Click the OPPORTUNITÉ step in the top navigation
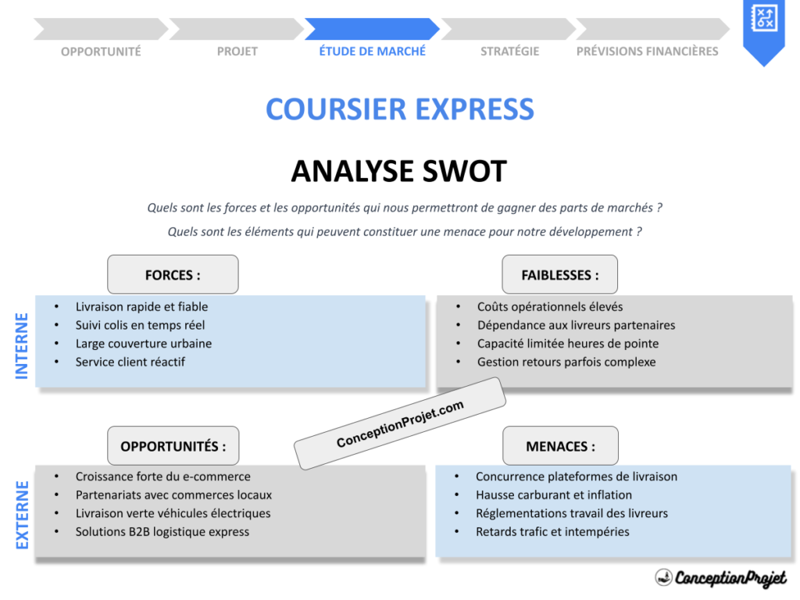(101, 52)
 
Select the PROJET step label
(237, 52)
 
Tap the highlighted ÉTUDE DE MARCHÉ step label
(373, 52)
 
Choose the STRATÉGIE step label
(510, 52)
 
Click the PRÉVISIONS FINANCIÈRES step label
(647, 52)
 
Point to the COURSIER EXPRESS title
(400, 109)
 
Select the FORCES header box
(173, 275)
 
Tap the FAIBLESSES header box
(560, 275)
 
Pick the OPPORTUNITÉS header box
(173, 446)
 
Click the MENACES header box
(560, 446)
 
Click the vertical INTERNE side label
(22, 345)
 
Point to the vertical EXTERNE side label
(22, 515)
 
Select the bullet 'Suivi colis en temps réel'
(140, 325)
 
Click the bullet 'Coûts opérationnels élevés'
(550, 307)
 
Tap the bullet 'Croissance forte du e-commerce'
(162, 477)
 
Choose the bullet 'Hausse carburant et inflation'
(554, 495)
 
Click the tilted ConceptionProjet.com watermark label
(399, 424)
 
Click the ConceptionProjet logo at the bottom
(720, 578)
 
